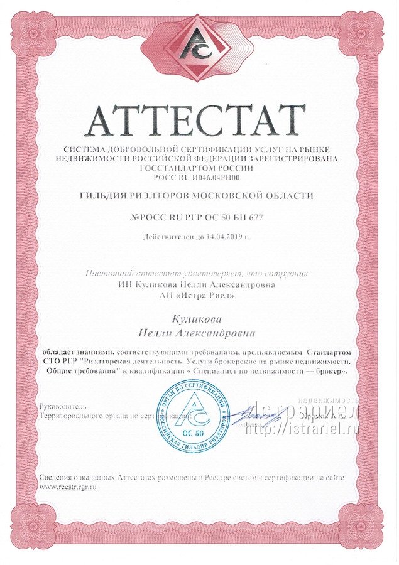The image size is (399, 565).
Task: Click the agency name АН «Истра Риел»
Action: pyautogui.click(x=200, y=296)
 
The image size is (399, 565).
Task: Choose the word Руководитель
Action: pyautogui.click(x=60, y=407)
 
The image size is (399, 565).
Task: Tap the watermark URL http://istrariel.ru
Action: pyautogui.click(x=300, y=430)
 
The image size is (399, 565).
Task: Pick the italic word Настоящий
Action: pyautogui.click(x=106, y=273)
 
